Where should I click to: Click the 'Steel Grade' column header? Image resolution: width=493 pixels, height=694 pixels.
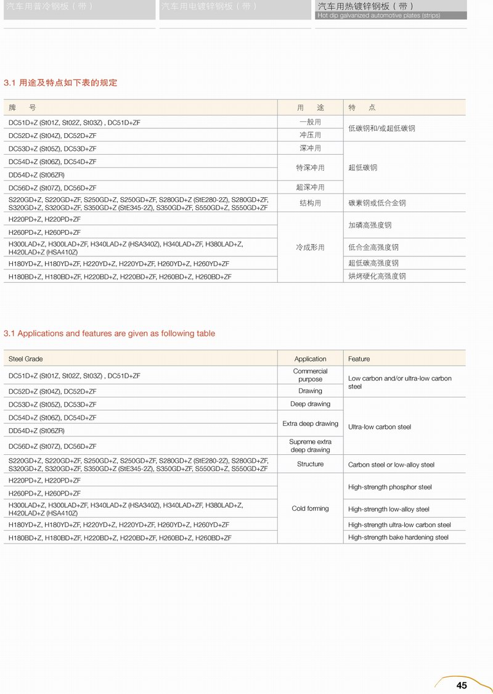point(26,359)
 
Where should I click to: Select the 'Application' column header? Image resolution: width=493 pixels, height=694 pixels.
point(310,359)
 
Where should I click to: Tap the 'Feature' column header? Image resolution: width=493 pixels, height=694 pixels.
point(359,359)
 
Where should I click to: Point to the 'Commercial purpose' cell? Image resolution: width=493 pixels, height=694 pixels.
point(310,375)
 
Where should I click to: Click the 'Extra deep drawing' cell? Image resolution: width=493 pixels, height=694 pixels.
point(310,423)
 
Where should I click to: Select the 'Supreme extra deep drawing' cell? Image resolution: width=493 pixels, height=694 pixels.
point(310,446)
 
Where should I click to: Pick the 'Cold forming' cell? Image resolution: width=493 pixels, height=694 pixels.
point(310,508)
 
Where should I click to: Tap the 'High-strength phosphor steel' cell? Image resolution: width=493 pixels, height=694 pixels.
point(389,487)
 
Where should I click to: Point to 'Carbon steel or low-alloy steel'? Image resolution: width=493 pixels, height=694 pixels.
point(391,465)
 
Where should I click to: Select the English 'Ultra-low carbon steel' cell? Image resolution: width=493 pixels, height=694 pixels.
point(379,427)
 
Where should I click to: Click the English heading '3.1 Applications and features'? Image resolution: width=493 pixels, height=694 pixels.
point(110,333)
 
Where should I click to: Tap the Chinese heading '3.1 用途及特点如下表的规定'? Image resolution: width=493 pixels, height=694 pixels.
point(60,83)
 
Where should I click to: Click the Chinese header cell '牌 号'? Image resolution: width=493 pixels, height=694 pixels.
point(22,107)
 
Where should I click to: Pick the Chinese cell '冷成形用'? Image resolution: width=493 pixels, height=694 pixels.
point(310,247)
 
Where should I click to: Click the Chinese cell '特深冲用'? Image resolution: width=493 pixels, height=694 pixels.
point(310,168)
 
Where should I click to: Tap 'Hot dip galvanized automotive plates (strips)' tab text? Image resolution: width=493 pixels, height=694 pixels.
point(378,15)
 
